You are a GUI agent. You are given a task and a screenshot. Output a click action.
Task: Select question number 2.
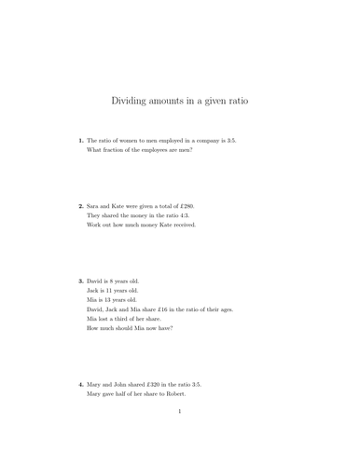point(80,205)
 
